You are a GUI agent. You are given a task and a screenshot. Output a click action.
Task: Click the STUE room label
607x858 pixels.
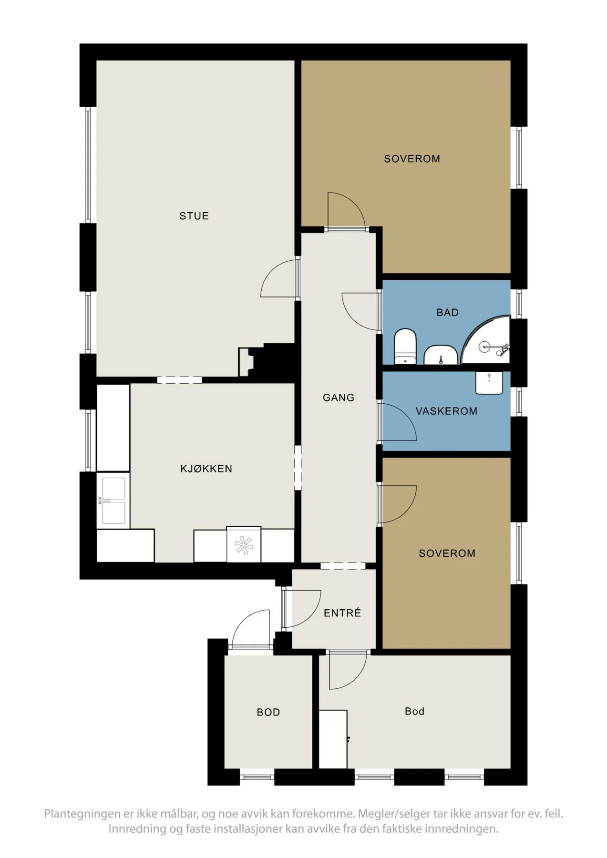click(194, 216)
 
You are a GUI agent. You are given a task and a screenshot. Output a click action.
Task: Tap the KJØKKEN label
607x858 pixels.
click(206, 469)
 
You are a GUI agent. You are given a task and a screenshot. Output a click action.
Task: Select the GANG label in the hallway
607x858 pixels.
click(339, 398)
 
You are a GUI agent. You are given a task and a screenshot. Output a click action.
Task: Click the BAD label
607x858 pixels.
click(447, 313)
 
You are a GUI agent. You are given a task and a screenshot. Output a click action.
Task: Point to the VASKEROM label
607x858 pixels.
click(446, 411)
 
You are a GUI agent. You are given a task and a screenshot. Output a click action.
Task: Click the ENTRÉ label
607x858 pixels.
click(342, 613)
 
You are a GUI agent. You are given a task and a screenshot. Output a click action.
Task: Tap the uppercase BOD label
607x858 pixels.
click(268, 712)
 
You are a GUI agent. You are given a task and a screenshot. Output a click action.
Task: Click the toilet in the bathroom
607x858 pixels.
click(405, 346)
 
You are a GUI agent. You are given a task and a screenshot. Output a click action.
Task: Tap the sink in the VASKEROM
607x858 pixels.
click(489, 383)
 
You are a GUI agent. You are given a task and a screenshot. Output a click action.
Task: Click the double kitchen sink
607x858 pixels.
click(113, 500)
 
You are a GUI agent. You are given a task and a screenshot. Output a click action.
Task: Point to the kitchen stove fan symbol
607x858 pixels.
click(244, 545)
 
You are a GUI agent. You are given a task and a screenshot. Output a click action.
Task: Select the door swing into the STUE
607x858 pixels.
click(279, 278)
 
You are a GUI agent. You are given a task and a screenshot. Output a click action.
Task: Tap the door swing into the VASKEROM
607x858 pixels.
click(397, 422)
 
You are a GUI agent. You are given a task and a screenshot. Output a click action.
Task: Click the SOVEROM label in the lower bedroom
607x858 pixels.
click(447, 553)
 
